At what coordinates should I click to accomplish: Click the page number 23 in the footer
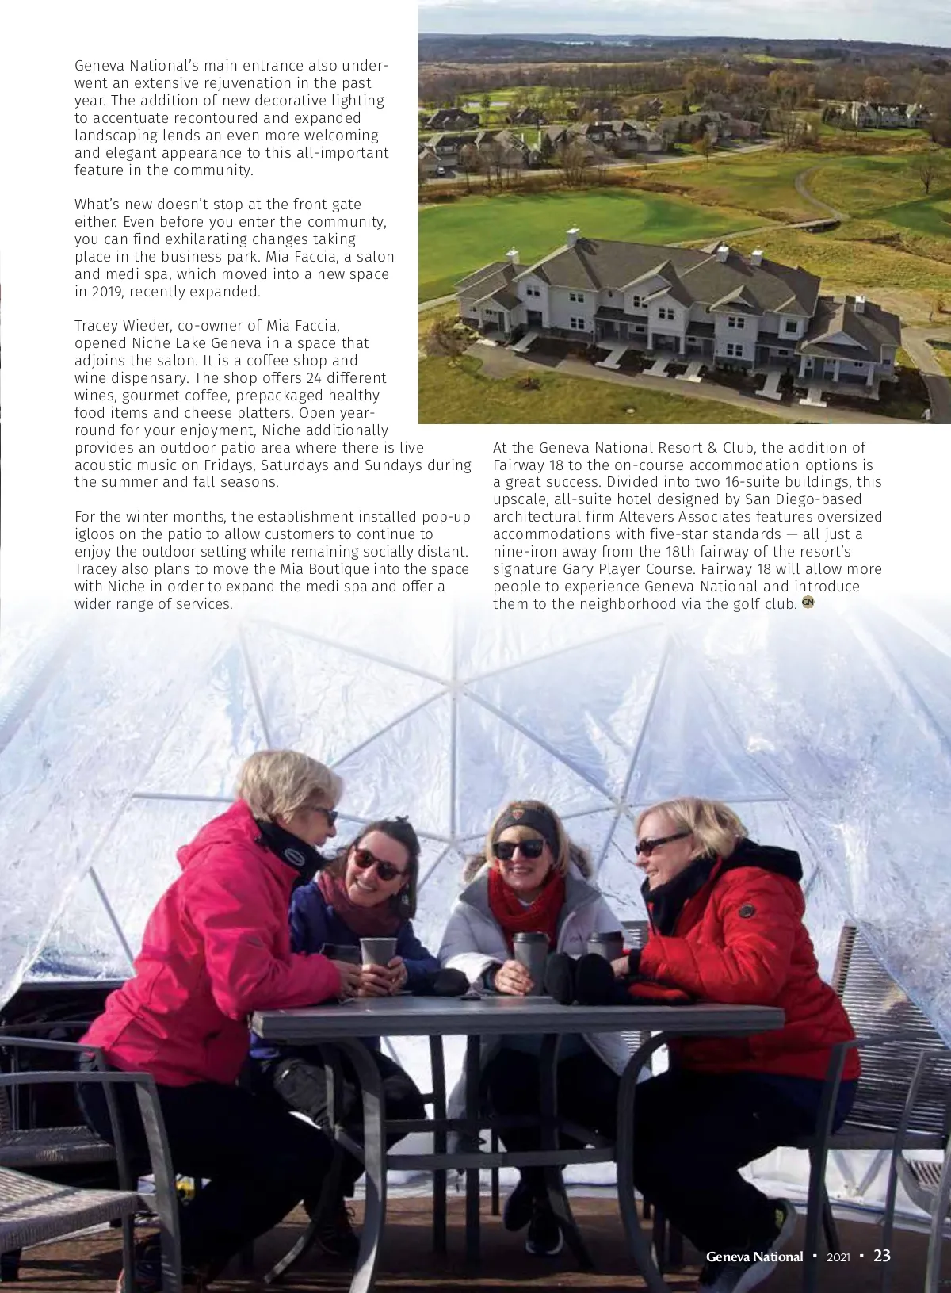tap(882, 1256)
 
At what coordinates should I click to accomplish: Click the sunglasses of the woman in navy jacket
tap(375, 859)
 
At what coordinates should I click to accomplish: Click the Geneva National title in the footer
tap(754, 1257)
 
